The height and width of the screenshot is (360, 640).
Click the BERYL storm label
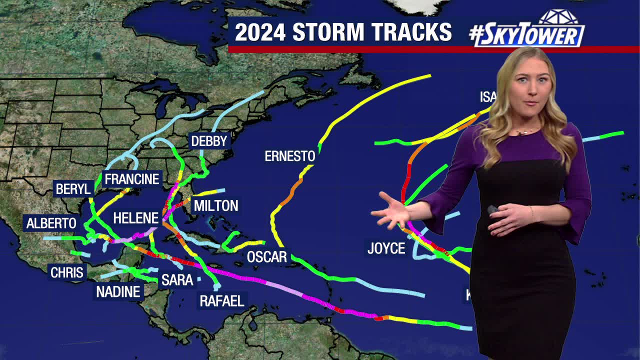pyautogui.click(x=73, y=189)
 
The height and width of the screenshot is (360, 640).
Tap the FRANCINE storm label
pyautogui.click(x=131, y=178)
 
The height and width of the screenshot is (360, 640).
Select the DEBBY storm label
pyautogui.click(x=209, y=141)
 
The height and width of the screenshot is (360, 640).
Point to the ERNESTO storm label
pyautogui.click(x=290, y=156)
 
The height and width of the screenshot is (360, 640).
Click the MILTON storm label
pyautogui.click(x=216, y=205)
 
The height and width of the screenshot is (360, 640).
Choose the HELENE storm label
pyautogui.click(x=135, y=218)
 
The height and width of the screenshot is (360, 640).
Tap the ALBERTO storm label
pyautogui.click(x=51, y=223)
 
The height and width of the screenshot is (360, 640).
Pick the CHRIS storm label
pyautogui.click(x=67, y=272)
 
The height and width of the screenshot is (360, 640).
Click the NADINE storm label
pyautogui.click(x=118, y=291)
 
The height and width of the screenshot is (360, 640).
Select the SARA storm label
pyautogui.click(x=177, y=280)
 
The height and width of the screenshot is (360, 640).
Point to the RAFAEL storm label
pyautogui.click(x=222, y=300)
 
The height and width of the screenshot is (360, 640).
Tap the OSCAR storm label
pyautogui.click(x=267, y=257)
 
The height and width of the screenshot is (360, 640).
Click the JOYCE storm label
pyautogui.click(x=386, y=248)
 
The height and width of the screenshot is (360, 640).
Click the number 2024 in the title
pyautogui.click(x=260, y=32)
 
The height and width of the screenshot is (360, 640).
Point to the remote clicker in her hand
pyautogui.click(x=492, y=209)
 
